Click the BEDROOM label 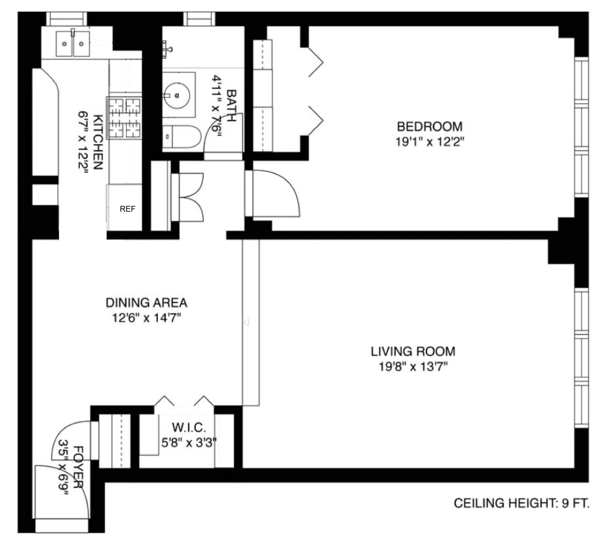click(x=429, y=127)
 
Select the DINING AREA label click(x=146, y=303)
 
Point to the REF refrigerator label click(x=127, y=209)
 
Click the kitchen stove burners click(x=124, y=118)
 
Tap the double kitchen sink click(x=73, y=44)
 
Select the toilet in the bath click(x=181, y=136)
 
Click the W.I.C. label click(x=189, y=428)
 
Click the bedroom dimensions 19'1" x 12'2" click(x=429, y=142)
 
